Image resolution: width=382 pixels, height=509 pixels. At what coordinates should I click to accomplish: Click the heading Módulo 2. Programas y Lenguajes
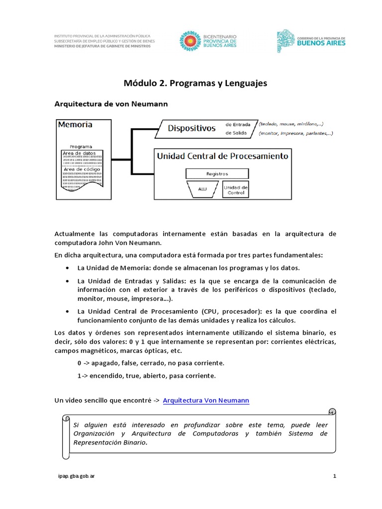pyautogui.click(x=195, y=84)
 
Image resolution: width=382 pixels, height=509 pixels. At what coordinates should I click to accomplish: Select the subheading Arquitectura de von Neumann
pyautogui.click(x=111, y=104)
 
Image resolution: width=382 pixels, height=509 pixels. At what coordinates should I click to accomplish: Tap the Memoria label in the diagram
pyautogui.click(x=75, y=124)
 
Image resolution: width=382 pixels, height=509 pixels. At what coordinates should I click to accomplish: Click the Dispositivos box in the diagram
pyautogui.click(x=191, y=128)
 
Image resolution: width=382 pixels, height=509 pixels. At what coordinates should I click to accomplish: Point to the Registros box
pyautogui.click(x=217, y=174)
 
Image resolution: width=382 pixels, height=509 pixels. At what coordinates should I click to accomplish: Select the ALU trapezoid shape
pyautogui.click(x=202, y=189)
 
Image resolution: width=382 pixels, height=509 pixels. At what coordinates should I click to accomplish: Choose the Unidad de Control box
pyautogui.click(x=235, y=189)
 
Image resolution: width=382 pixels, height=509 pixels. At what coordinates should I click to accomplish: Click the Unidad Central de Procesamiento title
pyautogui.click(x=222, y=156)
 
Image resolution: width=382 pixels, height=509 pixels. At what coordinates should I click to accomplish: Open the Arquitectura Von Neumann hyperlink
pyautogui.click(x=206, y=400)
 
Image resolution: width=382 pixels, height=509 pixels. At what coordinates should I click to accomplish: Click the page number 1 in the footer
pyautogui.click(x=335, y=476)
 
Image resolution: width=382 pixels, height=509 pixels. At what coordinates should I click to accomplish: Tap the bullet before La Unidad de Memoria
pyautogui.click(x=67, y=268)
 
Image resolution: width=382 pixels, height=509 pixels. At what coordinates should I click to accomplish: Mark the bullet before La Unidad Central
pyautogui.click(x=67, y=311)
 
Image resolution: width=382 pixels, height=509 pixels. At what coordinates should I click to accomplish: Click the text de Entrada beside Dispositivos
pyautogui.click(x=238, y=124)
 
